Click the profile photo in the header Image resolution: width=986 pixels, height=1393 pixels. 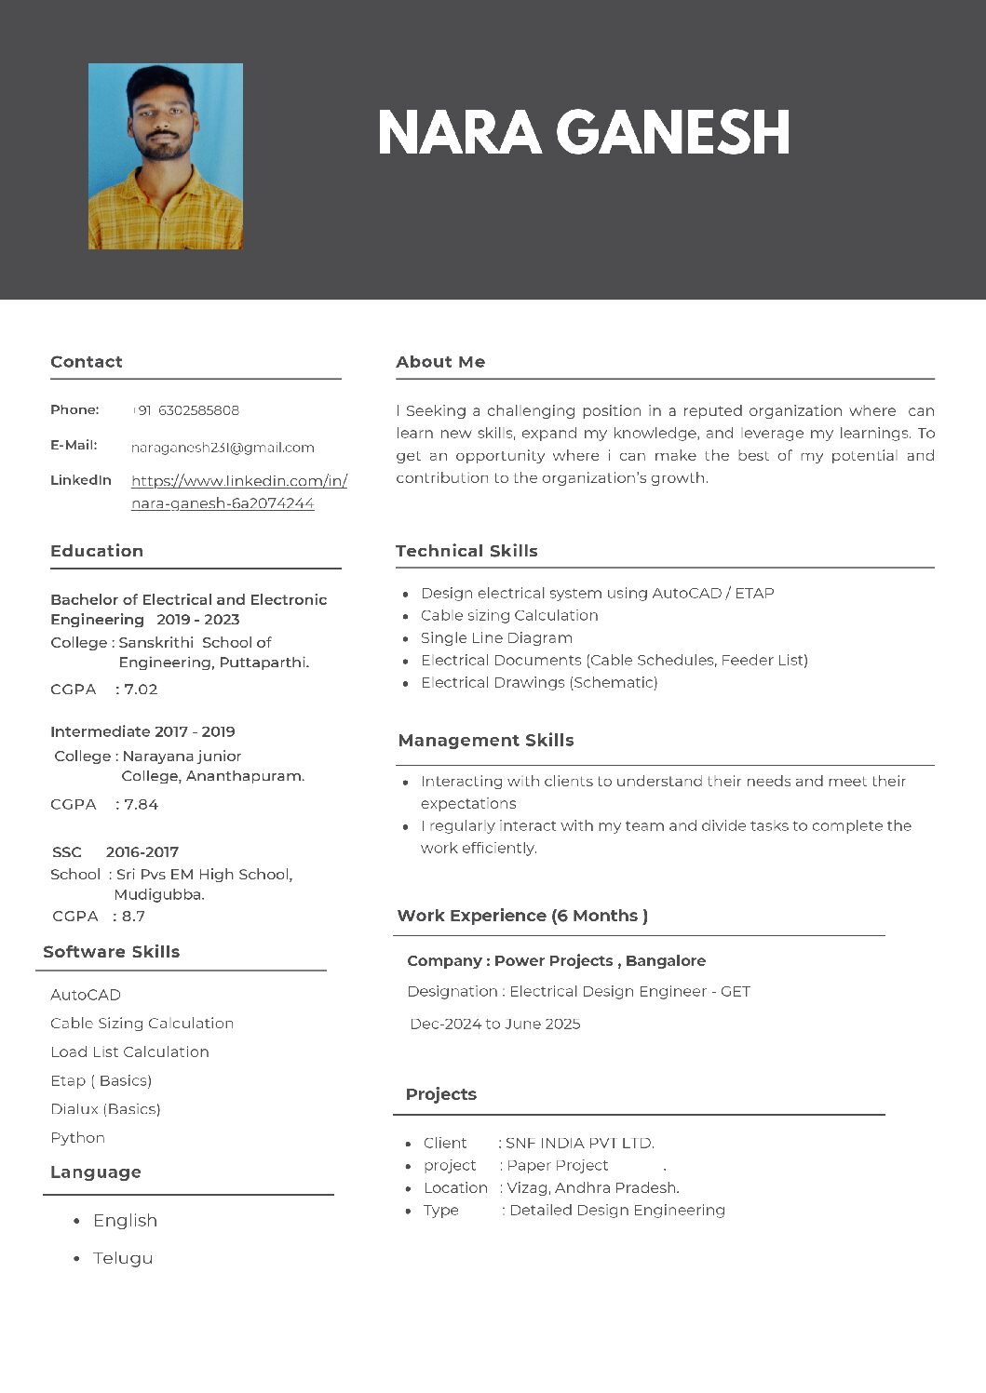[166, 156]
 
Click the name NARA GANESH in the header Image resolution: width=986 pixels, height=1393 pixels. [584, 132]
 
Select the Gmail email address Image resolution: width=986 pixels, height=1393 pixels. [223, 448]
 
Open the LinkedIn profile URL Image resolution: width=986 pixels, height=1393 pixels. [238, 491]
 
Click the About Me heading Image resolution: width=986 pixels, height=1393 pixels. [440, 362]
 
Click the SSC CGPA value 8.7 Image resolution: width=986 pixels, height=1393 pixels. [134, 917]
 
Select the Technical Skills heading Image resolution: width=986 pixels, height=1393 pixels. [466, 551]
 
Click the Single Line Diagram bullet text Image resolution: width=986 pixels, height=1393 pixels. [496, 638]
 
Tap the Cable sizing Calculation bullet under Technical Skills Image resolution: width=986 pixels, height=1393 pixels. [509, 616]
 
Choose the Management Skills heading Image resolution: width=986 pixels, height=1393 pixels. [486, 741]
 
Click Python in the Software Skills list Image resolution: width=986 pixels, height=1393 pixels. [77, 1138]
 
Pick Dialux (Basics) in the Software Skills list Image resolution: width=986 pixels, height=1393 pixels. [105, 1109]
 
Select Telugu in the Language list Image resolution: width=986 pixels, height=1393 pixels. [123, 1258]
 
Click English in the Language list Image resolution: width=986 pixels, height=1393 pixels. [125, 1221]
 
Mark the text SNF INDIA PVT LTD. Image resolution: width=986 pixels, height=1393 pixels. [579, 1144]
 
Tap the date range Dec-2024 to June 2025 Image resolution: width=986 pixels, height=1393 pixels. [495, 1025]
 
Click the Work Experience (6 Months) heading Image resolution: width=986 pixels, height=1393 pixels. [522, 916]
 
